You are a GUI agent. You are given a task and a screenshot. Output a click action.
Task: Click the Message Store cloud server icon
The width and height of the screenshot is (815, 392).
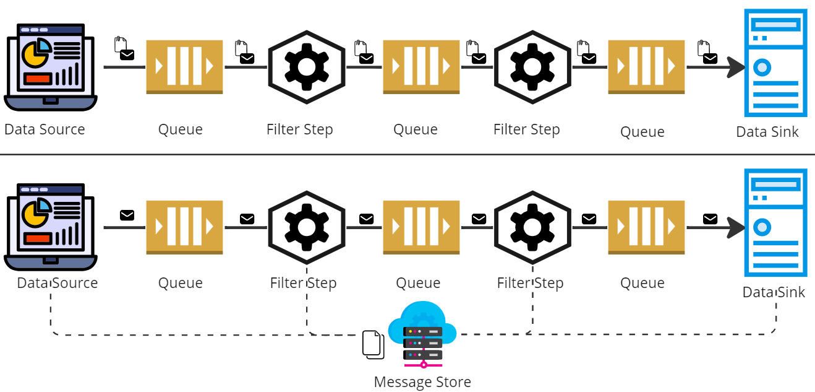(x=422, y=334)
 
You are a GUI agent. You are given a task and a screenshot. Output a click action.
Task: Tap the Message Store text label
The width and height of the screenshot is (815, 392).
(x=422, y=382)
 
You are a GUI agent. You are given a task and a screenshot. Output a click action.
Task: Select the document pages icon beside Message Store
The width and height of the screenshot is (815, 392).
(x=373, y=344)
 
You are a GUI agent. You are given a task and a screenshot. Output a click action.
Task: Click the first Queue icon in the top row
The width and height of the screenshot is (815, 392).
(x=184, y=67)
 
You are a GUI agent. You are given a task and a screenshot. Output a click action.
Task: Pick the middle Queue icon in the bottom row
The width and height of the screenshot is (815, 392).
(x=421, y=227)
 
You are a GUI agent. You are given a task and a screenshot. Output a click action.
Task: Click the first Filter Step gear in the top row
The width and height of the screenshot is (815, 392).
(x=306, y=67)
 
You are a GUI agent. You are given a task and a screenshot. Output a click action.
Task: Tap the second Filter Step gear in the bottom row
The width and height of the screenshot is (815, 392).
(x=532, y=227)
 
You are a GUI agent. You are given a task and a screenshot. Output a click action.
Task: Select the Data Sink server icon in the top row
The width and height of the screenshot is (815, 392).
(x=775, y=63)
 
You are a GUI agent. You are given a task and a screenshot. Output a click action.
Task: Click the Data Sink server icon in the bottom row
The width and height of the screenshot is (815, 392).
(x=775, y=222)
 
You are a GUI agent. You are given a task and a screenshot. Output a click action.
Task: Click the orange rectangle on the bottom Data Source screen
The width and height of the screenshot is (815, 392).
(x=38, y=238)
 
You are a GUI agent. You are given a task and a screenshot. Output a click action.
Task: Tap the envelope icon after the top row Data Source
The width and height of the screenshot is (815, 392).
(x=127, y=55)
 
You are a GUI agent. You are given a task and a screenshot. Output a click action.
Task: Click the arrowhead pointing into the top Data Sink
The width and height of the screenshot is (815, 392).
(x=736, y=68)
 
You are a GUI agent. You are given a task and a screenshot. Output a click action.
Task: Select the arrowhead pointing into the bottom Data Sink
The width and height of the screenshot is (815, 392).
(x=736, y=227)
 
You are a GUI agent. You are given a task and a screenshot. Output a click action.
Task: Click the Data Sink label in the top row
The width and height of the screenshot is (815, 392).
(x=767, y=132)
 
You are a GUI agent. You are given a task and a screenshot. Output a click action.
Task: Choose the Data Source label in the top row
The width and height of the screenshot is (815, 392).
(x=45, y=129)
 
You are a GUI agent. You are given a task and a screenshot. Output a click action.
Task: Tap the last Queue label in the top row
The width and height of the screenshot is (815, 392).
(x=642, y=132)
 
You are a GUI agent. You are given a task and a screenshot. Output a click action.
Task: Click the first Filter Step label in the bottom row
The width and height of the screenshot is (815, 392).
(x=303, y=283)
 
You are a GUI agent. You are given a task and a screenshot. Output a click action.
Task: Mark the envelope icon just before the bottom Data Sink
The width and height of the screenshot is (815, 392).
(x=710, y=218)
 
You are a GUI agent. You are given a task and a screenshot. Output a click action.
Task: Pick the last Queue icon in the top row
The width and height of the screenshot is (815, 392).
(x=646, y=67)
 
